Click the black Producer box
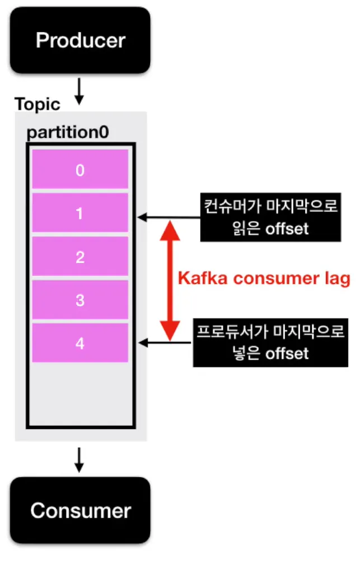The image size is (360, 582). coord(80,41)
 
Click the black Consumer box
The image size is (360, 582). coord(80,510)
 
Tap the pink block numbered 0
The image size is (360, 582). coord(80,170)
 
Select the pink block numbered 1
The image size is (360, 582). coord(80,213)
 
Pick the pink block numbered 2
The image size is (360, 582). coord(80,257)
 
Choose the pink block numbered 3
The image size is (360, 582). coord(80,300)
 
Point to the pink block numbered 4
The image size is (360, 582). coord(80,343)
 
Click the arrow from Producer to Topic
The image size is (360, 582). coord(80,91)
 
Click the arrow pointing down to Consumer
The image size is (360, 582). coord(80,459)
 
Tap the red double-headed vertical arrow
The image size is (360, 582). coord(170,279)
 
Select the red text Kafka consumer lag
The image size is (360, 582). coord(264,278)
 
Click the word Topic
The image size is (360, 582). coord(37,104)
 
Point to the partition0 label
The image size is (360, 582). coord(68,133)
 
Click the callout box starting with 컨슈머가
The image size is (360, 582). coord(270,218)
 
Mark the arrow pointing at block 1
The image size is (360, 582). coord(169,217)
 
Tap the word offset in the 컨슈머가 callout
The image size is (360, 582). coord(287,229)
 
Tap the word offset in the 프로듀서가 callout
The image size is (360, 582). coord(287,353)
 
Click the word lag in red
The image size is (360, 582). coord(338,279)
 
